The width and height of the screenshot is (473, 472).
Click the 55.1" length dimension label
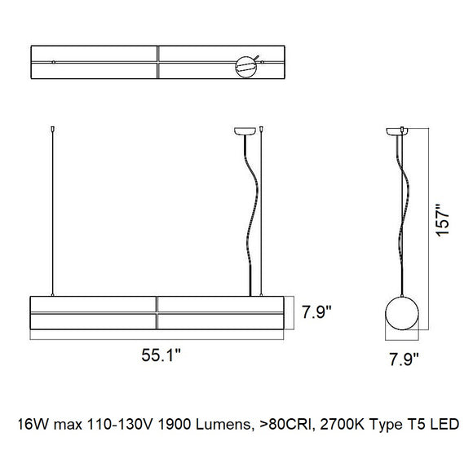pyautogui.click(x=161, y=355)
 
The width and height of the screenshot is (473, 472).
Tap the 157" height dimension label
pyautogui.click(x=443, y=220)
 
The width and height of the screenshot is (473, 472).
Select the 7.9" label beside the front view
pyautogui.click(x=316, y=312)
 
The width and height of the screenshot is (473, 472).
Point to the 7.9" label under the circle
pyautogui.click(x=404, y=360)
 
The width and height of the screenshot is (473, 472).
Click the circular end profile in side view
pyautogui.click(x=386, y=313)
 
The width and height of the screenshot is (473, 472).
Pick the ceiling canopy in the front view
pyautogui.click(x=245, y=131)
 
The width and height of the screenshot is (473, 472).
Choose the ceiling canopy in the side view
pyautogui.click(x=397, y=131)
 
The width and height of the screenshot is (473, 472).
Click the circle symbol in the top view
pyautogui.click(x=236, y=67)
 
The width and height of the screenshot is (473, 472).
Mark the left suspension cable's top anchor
pyautogui.click(x=53, y=129)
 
